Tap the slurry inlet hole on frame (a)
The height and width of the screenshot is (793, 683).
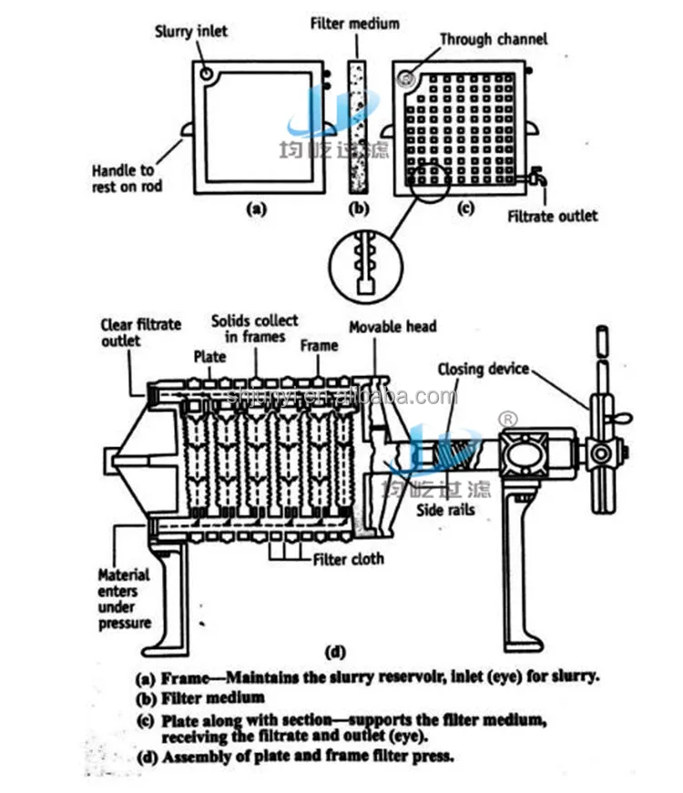pos(209,72)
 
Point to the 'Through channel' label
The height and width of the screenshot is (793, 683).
pos(493,39)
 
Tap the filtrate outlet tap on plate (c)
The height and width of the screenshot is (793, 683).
pos(540,179)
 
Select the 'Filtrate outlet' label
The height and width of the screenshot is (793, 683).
pos(552,216)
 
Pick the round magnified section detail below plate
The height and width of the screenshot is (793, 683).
pos(364,264)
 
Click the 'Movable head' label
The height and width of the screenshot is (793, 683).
pos(394,326)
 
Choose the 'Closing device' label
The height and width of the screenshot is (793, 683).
pos(484,369)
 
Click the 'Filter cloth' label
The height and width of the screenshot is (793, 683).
pos(349,559)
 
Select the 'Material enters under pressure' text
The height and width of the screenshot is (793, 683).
pos(124,599)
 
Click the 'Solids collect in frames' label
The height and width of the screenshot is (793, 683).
pos(254,329)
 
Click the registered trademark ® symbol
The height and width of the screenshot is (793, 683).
pos(509,419)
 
